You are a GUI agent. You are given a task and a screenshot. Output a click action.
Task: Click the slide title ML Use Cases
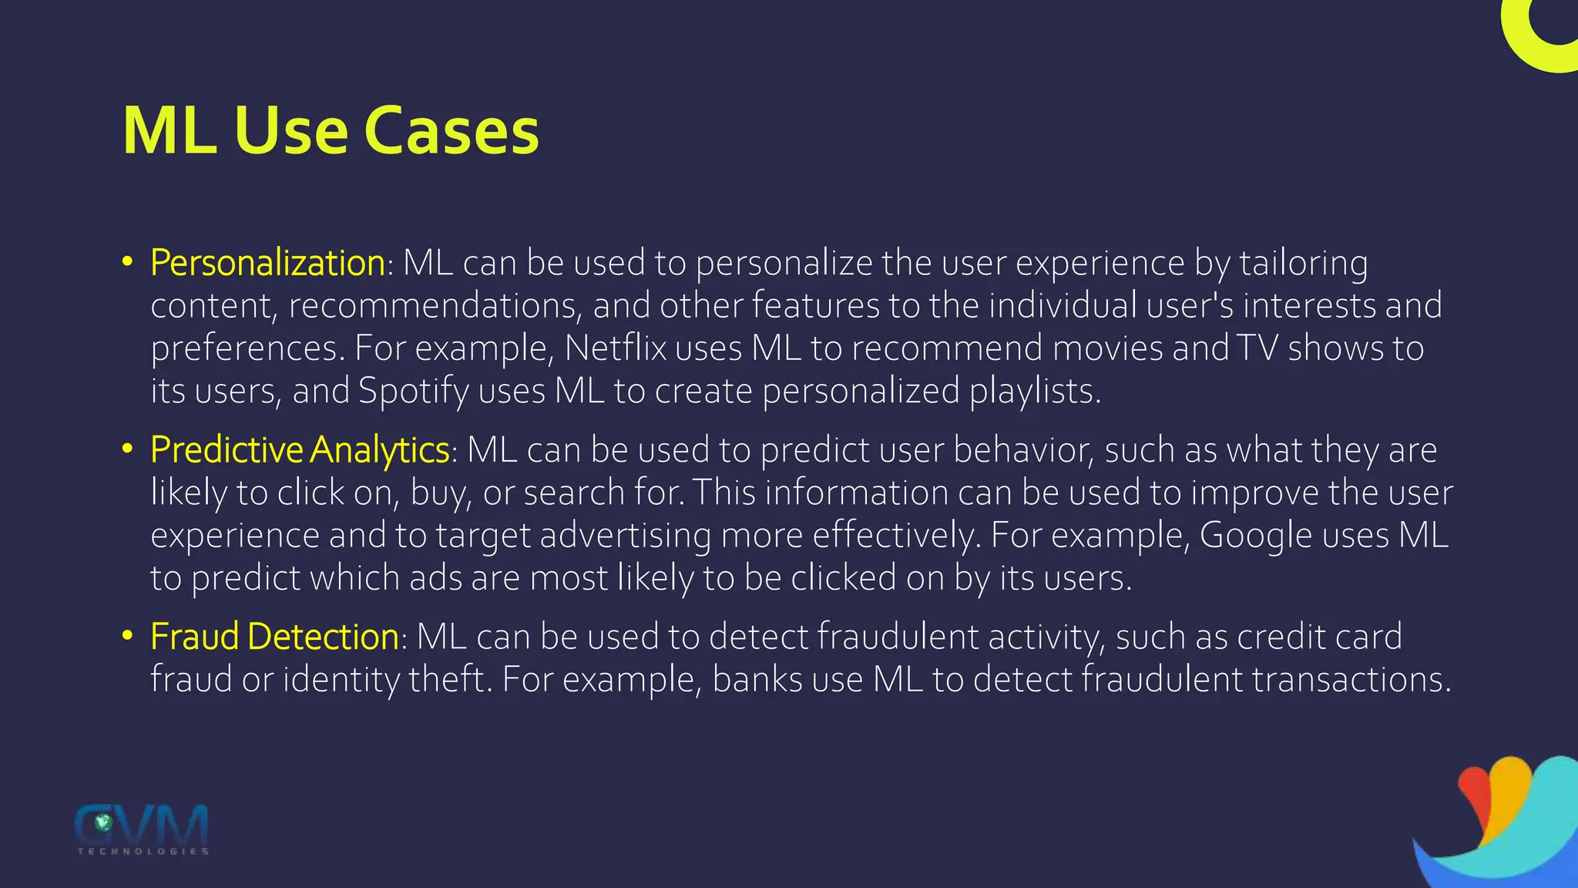pos(331,131)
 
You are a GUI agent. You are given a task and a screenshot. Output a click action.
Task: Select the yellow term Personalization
pos(267,263)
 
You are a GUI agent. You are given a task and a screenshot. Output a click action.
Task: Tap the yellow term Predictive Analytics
pos(300,450)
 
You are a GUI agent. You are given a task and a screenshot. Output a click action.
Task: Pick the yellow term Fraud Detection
pos(274,637)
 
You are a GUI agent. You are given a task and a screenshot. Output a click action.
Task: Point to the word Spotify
pos(413,392)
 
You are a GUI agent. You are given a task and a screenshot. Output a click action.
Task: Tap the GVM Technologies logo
pos(142,829)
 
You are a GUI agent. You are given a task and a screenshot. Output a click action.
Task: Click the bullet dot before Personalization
pos(128,262)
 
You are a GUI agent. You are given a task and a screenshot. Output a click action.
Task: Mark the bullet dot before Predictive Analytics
pos(128,449)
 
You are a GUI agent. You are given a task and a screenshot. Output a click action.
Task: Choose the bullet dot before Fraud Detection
pos(128,636)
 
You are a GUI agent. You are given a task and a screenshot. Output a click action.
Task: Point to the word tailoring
pos(1303,264)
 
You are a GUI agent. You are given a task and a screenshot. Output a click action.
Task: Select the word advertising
pos(625,536)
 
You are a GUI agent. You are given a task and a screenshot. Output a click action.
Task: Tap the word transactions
pos(1351,680)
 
